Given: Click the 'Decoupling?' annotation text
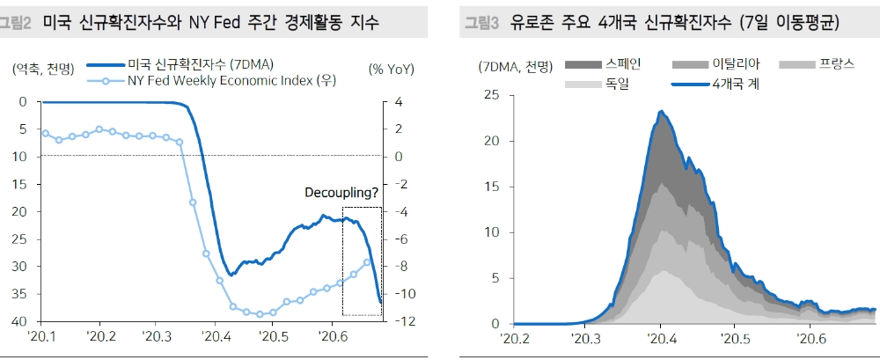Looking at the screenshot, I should (342, 193).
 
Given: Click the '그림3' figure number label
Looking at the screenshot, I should (482, 23).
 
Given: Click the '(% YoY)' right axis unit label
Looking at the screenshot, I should (391, 69).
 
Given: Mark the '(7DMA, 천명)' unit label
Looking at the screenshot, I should (517, 67).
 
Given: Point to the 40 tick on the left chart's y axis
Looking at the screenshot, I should (21, 322).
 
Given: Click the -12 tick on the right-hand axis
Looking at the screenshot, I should (396, 322).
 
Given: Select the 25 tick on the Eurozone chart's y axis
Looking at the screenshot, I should (493, 95).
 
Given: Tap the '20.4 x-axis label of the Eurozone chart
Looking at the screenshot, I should (660, 339).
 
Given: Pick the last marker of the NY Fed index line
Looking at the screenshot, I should (368, 262).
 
